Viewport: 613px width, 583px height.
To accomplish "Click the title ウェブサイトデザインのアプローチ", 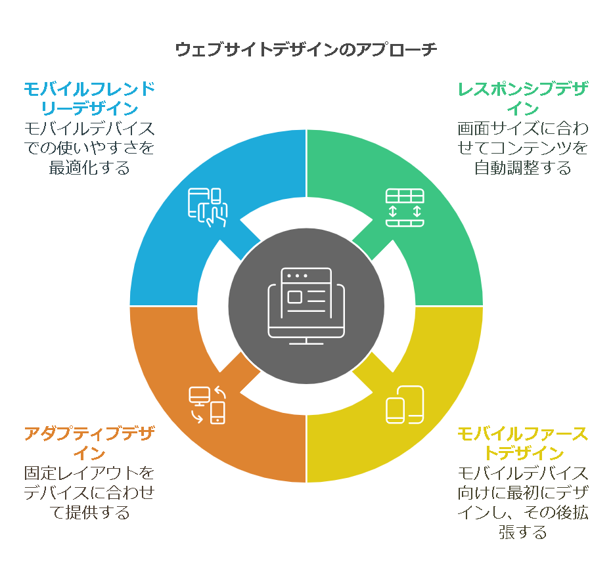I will [x=306, y=50].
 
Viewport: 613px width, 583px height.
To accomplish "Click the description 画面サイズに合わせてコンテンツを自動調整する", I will [x=523, y=148].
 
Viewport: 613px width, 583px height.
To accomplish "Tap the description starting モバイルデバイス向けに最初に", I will [x=523, y=502].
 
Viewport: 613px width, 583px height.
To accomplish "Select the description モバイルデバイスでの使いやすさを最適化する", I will [x=89, y=148].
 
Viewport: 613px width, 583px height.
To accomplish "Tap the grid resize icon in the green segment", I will [x=405, y=207].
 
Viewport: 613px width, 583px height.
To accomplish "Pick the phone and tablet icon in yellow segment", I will [x=405, y=404].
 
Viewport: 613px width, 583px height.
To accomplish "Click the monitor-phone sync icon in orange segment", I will [x=208, y=404].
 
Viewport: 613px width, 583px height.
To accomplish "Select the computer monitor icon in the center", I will [x=306, y=306].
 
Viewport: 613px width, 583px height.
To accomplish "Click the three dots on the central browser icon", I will [x=296, y=276].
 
